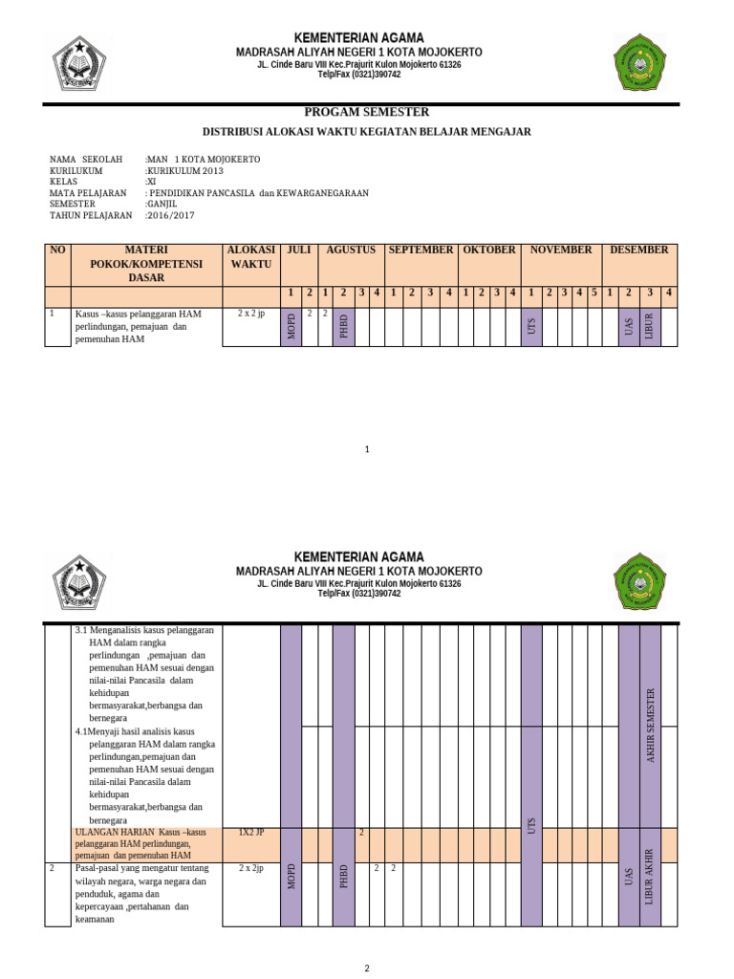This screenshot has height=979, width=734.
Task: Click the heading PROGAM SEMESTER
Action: click(367, 113)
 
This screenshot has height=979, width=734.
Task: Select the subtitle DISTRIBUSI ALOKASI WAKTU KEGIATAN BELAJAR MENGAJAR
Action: click(367, 132)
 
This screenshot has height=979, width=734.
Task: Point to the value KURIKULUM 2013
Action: click(186, 170)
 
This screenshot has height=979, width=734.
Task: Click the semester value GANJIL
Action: click(162, 205)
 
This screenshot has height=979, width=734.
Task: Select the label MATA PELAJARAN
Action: click(88, 193)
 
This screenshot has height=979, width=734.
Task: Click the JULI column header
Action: click(299, 250)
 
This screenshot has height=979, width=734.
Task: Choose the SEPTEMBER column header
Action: click(421, 250)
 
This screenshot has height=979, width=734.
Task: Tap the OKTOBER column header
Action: click(489, 250)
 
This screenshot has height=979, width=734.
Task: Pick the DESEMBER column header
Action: click(639, 250)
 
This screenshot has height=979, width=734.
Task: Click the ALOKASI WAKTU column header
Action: click(251, 256)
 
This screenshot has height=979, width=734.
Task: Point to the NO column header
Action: click(58, 250)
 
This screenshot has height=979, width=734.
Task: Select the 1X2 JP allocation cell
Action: click(250, 833)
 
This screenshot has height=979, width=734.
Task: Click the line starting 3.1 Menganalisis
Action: click(143, 631)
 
